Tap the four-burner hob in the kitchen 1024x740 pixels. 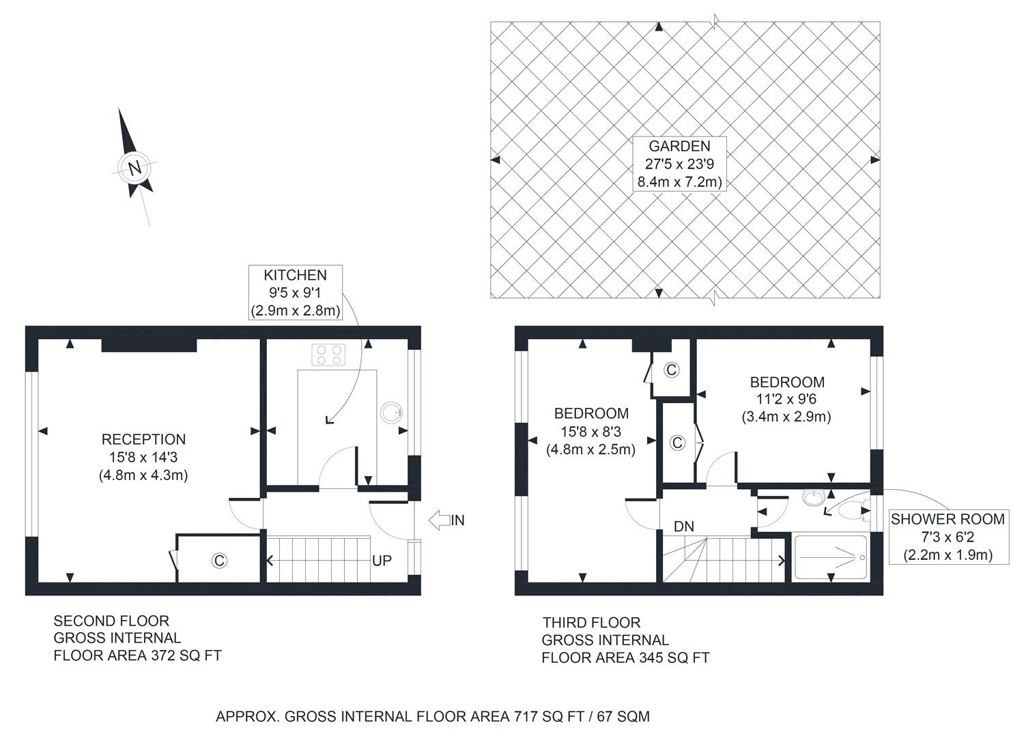[328, 355]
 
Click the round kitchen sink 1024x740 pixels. [392, 413]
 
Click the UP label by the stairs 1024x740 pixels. [382, 561]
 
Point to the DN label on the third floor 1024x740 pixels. [683, 527]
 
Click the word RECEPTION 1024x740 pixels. [143, 440]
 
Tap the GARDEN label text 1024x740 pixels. [679, 146]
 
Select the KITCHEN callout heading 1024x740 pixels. [295, 276]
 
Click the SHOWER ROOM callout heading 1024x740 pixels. [948, 519]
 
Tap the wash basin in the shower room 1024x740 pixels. [812, 499]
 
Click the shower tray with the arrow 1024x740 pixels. [830, 558]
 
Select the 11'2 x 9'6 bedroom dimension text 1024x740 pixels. [786, 400]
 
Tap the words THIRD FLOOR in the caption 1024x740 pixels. [591, 623]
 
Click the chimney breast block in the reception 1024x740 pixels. [149, 345]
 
